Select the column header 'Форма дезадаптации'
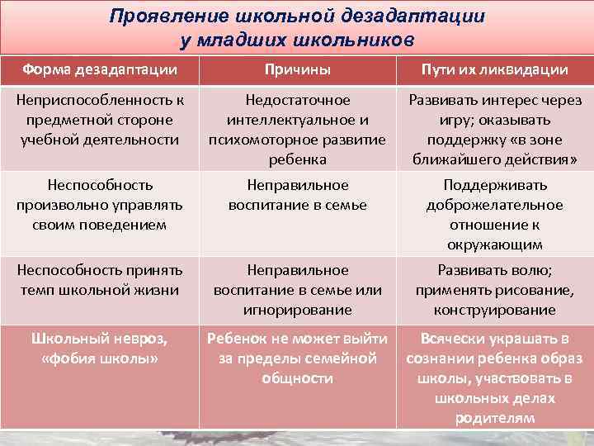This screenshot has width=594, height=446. [x=98, y=69]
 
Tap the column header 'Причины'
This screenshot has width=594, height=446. [x=298, y=69]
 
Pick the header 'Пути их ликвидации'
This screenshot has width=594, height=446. [x=495, y=69]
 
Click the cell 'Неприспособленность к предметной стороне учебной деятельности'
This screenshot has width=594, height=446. [x=98, y=120]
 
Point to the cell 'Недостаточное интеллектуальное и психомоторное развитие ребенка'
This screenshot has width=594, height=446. [x=298, y=130]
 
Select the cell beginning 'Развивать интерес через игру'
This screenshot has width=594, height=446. [x=495, y=130]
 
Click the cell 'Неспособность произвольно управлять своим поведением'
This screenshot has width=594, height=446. [x=98, y=205]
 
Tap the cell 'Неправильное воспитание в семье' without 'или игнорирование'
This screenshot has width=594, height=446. [x=298, y=195]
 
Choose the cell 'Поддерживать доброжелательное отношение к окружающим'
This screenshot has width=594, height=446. [x=495, y=215]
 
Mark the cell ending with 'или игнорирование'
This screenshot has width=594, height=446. [x=298, y=290]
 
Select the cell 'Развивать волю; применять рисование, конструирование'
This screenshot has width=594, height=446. [x=495, y=290]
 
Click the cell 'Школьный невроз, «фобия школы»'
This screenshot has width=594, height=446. [x=98, y=349]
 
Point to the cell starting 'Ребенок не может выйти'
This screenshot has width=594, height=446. [x=298, y=358]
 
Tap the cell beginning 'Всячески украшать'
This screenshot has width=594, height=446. [x=495, y=378]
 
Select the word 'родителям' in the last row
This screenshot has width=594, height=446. [x=495, y=418]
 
